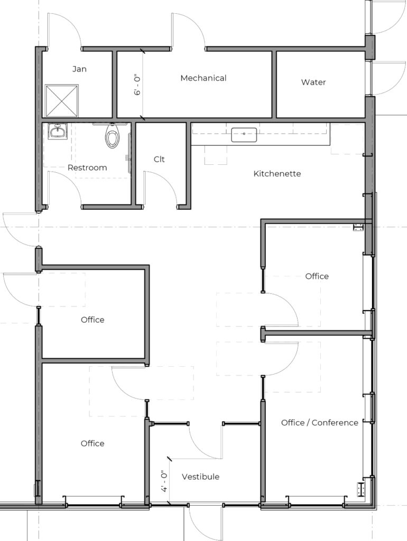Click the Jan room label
[79, 69]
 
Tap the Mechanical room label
[203, 78]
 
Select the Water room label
[313, 82]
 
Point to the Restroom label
[87, 167]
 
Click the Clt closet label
[159, 159]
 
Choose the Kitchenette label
[277, 173]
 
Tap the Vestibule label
[200, 477]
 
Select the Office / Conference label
[320, 423]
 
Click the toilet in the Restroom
[111, 136]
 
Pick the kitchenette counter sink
[244, 135]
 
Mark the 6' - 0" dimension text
[138, 85]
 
